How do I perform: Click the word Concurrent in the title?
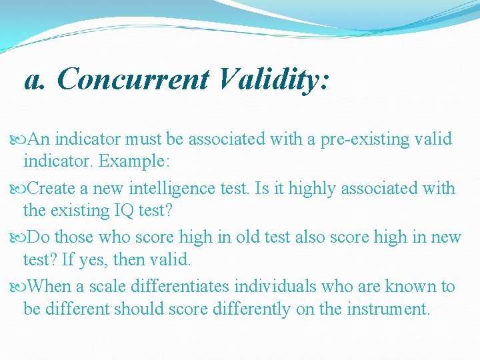click(x=133, y=79)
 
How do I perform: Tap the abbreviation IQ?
click(x=118, y=211)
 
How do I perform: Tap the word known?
click(x=406, y=287)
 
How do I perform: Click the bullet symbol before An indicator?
click(x=17, y=140)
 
